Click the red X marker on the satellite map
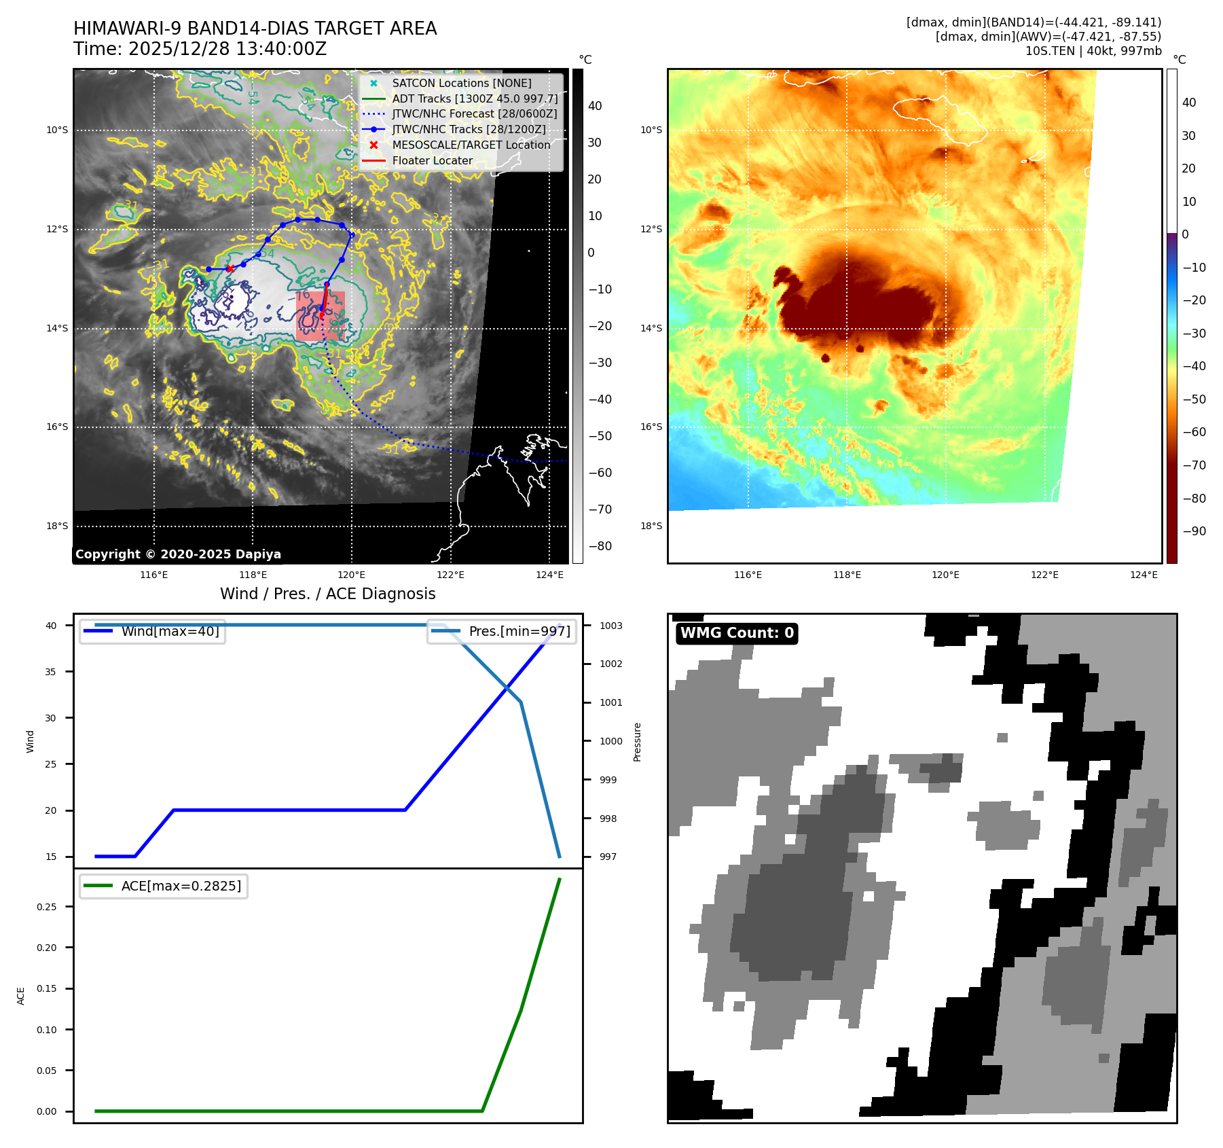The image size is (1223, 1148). tap(230, 268)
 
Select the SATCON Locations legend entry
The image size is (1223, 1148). tap(461, 83)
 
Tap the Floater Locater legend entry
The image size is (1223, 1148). tap(432, 160)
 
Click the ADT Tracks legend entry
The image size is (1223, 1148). tap(474, 98)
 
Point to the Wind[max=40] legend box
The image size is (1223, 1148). tap(152, 631)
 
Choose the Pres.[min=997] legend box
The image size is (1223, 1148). tap(502, 631)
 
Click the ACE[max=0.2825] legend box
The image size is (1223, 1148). tap(164, 886)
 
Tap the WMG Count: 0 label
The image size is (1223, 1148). tap(737, 633)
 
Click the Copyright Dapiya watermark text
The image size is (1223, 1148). tap(178, 554)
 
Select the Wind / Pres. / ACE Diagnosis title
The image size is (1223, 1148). tap(327, 594)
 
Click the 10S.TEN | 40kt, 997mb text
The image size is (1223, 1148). tap(1093, 51)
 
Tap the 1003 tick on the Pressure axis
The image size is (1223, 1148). tap(610, 626)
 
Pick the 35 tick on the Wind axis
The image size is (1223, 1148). tap(51, 672)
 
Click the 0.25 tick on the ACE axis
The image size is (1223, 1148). tap(47, 907)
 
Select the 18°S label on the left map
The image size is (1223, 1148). tap(57, 526)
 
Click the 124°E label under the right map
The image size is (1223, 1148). tap(1144, 575)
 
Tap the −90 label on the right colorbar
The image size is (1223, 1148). tap(1194, 531)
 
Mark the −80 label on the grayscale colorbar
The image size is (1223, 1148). tap(600, 546)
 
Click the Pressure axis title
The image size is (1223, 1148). tap(637, 742)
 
